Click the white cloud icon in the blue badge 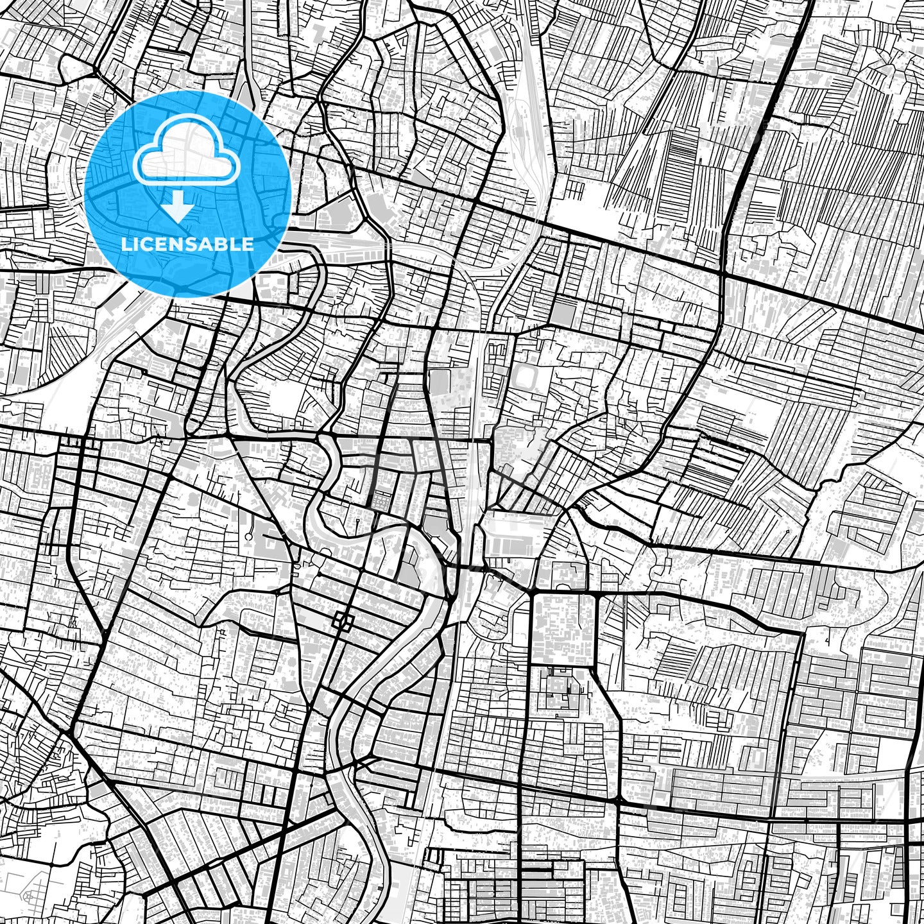pos(187,157)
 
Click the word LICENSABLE pos(187,244)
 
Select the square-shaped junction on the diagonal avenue pos(344,620)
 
